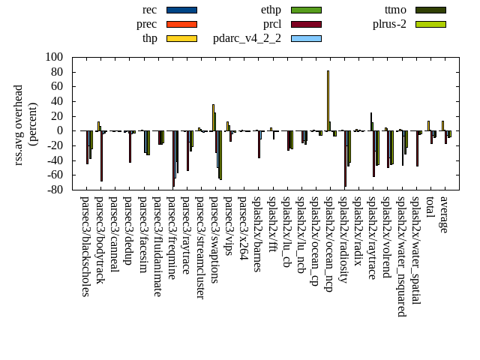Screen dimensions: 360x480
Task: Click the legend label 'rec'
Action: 149,10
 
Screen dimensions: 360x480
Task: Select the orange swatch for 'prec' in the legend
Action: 181,24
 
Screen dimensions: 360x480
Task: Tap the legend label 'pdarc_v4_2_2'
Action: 247,38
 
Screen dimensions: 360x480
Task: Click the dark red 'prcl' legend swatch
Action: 306,24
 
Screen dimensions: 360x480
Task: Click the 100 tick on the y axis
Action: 54,57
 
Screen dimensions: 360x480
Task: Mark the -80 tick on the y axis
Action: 52,190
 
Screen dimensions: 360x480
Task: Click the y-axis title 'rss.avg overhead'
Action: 19,124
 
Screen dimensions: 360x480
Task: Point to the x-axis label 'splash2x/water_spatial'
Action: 416,250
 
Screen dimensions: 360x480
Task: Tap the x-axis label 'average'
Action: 445,214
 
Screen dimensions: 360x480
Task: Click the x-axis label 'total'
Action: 430,207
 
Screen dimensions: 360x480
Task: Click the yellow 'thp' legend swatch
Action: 181,38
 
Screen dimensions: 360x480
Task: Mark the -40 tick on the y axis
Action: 52,160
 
